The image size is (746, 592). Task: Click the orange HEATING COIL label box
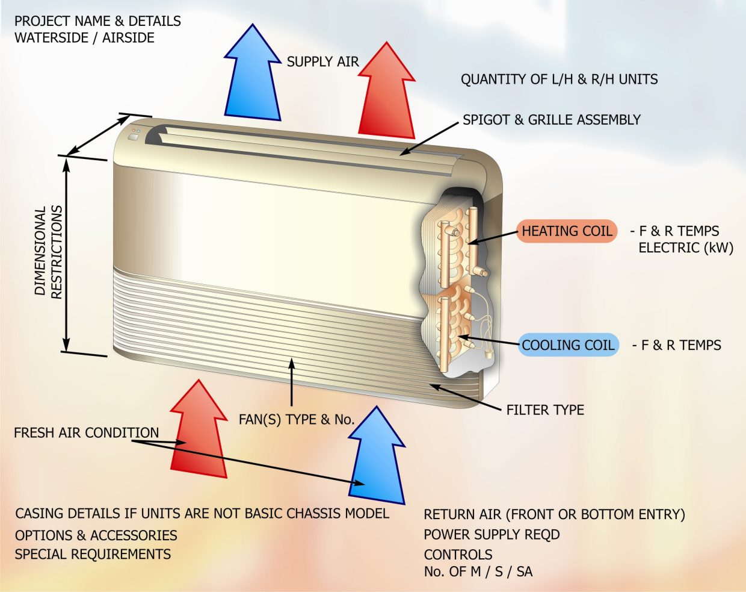(567, 231)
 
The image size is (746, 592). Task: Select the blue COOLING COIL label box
(568, 345)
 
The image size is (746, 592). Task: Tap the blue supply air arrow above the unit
(253, 78)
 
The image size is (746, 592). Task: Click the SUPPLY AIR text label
(322, 61)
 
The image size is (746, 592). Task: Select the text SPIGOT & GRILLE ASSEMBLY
(552, 120)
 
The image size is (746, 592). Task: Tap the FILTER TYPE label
(545, 410)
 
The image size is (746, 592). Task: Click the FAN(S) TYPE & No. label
(297, 420)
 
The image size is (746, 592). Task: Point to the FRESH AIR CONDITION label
(87, 433)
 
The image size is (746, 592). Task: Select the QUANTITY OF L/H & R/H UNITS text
(559, 79)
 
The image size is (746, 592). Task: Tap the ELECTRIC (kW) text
(686, 248)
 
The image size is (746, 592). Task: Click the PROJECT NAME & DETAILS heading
(97, 21)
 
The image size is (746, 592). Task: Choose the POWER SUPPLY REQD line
(492, 535)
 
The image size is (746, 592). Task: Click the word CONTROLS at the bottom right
(458, 555)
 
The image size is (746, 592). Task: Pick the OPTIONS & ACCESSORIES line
(96, 535)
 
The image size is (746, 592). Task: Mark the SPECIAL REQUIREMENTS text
(93, 554)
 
